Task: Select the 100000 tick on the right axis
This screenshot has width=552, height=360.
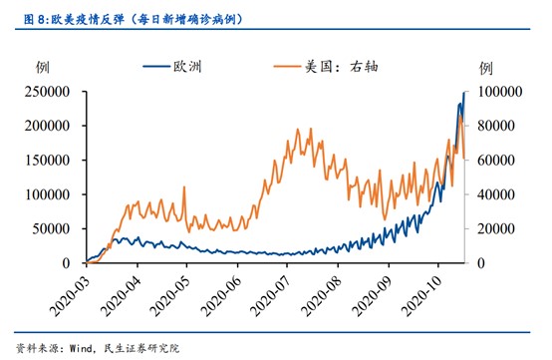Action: pyautogui.click(x=500, y=92)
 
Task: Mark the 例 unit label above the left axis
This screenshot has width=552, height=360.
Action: pyautogui.click(x=42, y=68)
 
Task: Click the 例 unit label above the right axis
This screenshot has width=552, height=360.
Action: pyautogui.click(x=485, y=68)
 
